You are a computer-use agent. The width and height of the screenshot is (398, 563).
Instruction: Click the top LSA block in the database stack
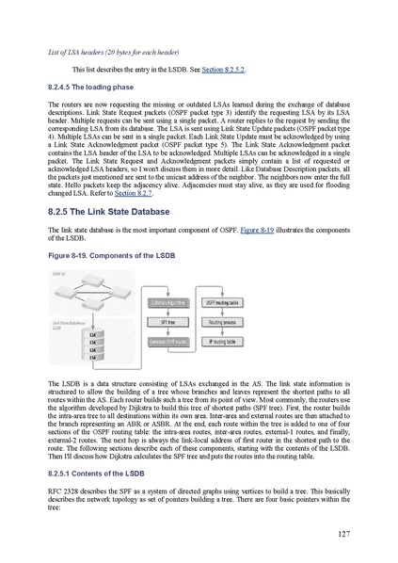(x=92, y=333)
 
